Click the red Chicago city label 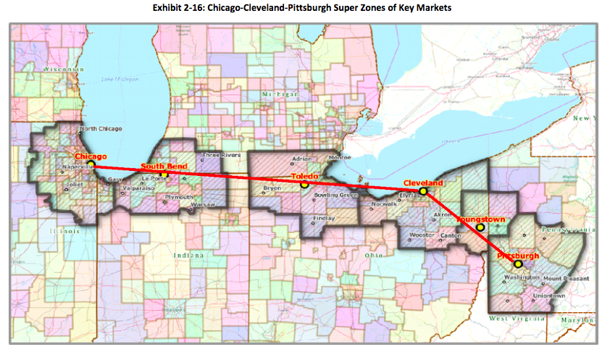coord(91,156)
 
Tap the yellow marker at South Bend coord(165,175)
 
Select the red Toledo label coord(305,176)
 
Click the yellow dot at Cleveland coord(423,191)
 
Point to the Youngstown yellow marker coord(480,227)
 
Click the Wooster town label coord(421,235)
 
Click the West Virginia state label coord(517,319)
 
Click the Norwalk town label coord(383,204)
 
